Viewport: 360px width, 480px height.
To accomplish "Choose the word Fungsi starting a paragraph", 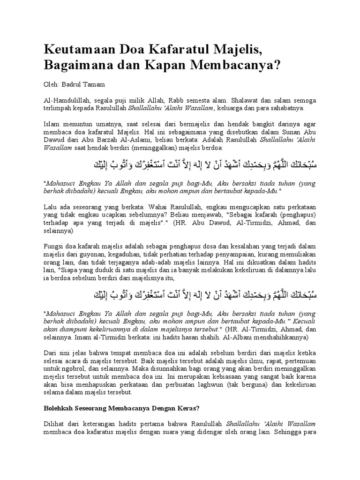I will pos(53,246).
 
